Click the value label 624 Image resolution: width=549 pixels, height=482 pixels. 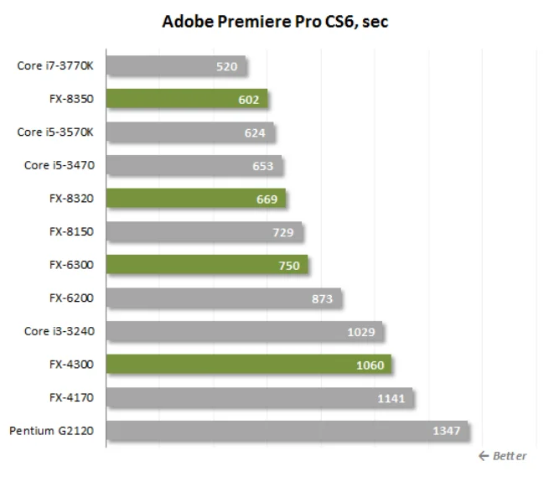[255, 132]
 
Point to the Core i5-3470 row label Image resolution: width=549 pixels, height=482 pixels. [59, 165]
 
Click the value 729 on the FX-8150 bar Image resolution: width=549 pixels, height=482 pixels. [282, 231]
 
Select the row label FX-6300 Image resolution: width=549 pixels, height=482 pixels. [71, 265]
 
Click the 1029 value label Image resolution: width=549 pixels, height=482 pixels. [361, 331]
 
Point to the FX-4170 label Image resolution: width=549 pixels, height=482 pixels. [71, 397]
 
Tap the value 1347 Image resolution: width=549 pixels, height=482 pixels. [446, 431]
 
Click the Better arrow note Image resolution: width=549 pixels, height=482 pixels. [503, 456]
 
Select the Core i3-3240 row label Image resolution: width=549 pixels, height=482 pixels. [59, 331]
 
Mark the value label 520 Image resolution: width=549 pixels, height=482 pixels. [227, 66]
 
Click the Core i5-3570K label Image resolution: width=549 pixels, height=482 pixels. [55, 132]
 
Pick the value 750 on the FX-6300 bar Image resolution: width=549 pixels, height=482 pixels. [289, 265]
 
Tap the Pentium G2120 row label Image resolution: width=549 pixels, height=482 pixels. [52, 431]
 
